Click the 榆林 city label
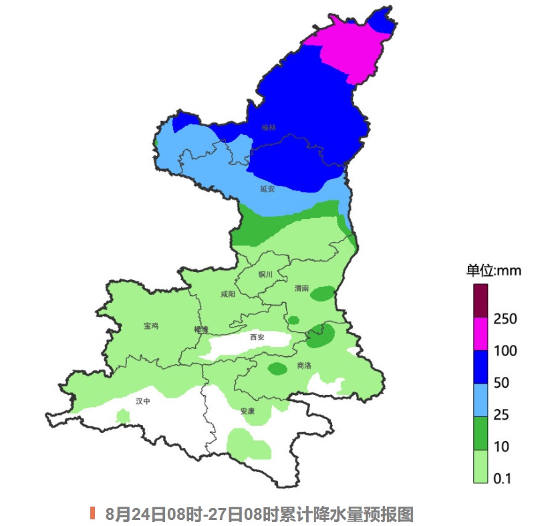click(x=269, y=127)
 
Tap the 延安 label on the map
click(x=267, y=188)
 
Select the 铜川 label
click(x=265, y=274)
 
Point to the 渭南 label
click(x=301, y=288)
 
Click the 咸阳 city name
click(x=228, y=294)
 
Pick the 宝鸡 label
click(x=151, y=326)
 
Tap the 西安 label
click(x=257, y=337)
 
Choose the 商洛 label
click(x=303, y=366)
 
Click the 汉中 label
click(x=143, y=401)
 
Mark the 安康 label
click(x=247, y=411)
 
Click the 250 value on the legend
click(x=505, y=319)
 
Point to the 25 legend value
click(x=501, y=414)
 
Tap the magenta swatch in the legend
click(x=481, y=333)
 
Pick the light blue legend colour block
click(x=481, y=400)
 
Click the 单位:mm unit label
click(x=493, y=271)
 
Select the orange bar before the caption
click(x=93, y=513)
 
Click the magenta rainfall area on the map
click(x=341, y=47)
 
